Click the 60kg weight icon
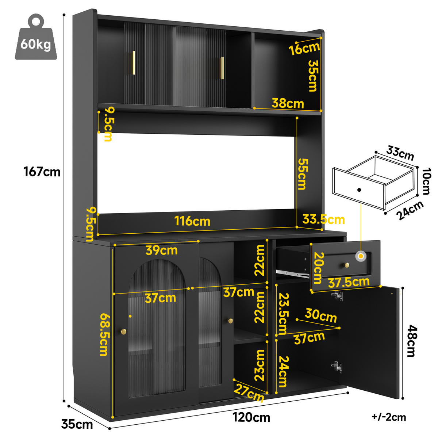coord(36,37)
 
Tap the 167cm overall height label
coord(42,172)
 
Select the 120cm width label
coord(251,417)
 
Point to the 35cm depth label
coord(77,425)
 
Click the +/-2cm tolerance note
coord(389,417)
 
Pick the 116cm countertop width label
coord(192,221)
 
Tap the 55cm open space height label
coord(303,175)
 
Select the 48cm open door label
coord(412,341)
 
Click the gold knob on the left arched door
coord(123,332)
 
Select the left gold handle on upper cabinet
coord(134,62)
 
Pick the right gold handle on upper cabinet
coord(222,68)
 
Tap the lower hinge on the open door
coord(337,367)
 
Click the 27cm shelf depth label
coord(249,393)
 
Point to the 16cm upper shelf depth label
coord(304,49)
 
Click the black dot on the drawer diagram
coord(359,190)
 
